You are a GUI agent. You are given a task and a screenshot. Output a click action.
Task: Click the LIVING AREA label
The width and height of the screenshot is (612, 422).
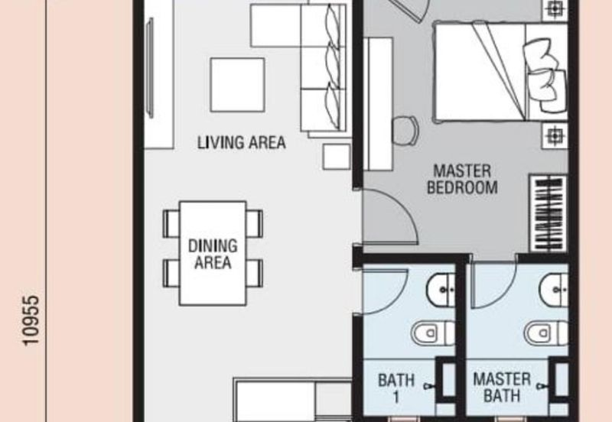coord(241,142)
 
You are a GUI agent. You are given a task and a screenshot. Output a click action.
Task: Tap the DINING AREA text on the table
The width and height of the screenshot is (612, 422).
coord(213,254)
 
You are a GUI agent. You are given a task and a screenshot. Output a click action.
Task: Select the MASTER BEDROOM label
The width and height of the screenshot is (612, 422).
coord(462,180)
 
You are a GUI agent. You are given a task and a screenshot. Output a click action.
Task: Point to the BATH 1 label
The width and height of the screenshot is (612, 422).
coord(396,388)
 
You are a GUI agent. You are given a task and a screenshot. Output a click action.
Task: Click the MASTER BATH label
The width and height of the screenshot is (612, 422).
coord(502,388)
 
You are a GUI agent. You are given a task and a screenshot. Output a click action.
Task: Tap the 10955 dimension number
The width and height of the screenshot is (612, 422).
coord(31,320)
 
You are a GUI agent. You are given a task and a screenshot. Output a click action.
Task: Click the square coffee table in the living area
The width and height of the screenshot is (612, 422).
coord(237,85)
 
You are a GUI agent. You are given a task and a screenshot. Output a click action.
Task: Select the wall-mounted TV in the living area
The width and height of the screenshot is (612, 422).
coord(149,67)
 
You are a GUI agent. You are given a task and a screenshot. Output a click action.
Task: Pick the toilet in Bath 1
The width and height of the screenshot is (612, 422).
coord(433,333)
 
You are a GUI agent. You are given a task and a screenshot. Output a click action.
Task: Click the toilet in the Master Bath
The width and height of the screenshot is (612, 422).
coord(546,333)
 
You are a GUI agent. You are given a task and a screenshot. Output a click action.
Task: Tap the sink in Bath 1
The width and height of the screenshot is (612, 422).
coord(441,289)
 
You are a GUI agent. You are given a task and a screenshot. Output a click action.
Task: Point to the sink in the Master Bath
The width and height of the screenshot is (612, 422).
coord(554,289)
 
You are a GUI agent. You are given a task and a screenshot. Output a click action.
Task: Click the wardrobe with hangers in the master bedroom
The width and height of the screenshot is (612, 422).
coord(549,213)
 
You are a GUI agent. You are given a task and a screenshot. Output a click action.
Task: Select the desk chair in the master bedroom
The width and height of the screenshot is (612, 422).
coord(405,131)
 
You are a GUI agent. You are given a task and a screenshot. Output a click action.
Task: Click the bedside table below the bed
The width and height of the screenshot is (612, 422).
coord(555,135)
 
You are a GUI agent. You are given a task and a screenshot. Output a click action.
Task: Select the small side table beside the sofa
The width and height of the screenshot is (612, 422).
coord(337,157)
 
